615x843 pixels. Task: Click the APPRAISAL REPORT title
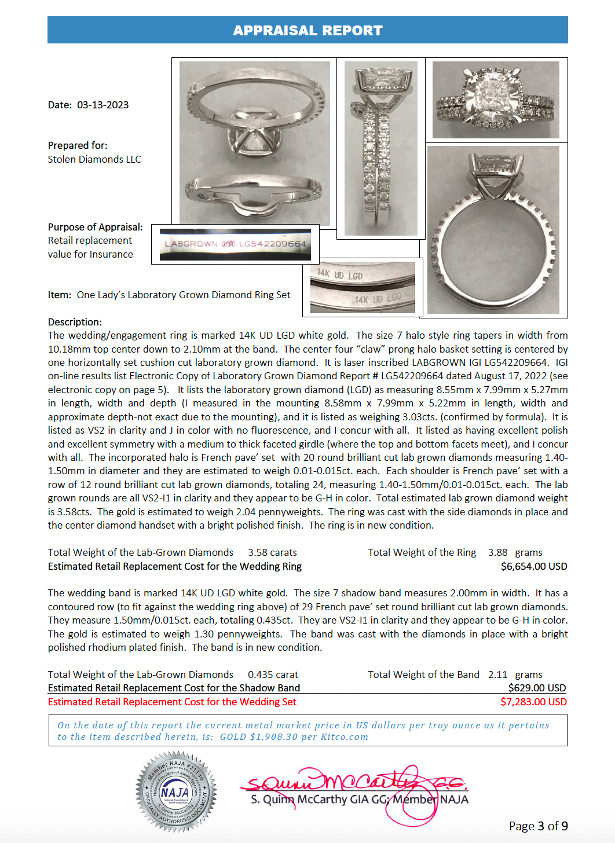307,31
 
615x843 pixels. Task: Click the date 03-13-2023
103,105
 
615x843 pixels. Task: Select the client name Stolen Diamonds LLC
94,159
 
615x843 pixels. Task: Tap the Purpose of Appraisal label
95,227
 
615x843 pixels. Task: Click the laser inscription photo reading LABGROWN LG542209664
235,244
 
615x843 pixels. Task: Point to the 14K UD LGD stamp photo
363,287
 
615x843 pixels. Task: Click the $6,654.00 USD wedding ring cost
533,566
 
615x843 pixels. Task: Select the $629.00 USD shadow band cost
536,688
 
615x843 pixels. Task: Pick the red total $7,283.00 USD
533,702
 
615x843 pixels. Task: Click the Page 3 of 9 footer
538,826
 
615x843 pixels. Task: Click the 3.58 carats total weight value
272,552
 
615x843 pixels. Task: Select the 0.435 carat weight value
273,675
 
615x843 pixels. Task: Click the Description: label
75,322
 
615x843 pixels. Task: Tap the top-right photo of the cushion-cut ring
496,100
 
